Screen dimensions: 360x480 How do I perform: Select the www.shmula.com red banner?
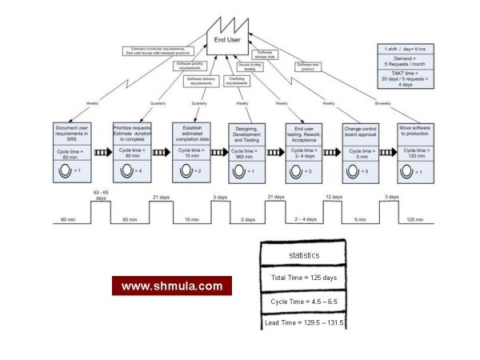pyautogui.click(x=172, y=286)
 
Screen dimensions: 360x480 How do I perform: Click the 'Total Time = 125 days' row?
pyautogui.click(x=302, y=278)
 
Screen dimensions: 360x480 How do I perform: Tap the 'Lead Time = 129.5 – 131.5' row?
pyautogui.click(x=302, y=322)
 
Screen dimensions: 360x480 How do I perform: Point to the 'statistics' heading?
pyautogui.click(x=302, y=254)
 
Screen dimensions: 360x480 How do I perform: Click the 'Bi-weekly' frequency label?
pyautogui.click(x=384, y=103)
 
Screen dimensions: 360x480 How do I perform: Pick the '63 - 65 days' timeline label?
pyautogui.click(x=100, y=194)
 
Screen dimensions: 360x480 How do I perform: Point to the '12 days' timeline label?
pyautogui.click(x=334, y=197)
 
